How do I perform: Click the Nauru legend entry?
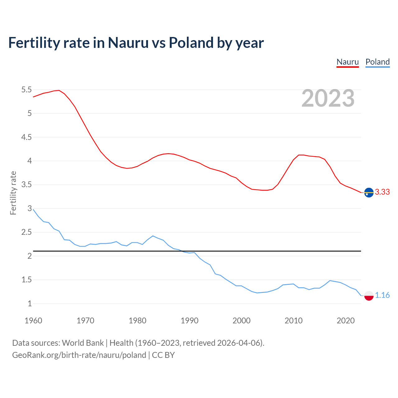(348, 62)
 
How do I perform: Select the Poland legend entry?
(377, 62)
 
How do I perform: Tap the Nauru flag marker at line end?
(369, 193)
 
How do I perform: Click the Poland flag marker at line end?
(369, 296)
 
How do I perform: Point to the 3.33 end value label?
(382, 192)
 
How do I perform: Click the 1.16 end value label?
(382, 295)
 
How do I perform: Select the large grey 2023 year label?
(328, 98)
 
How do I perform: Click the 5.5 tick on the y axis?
(26, 90)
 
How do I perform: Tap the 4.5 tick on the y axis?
(26, 137)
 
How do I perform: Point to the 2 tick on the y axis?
(30, 256)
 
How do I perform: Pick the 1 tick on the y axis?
(30, 304)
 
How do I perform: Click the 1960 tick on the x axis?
(33, 321)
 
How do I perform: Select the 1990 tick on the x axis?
(189, 321)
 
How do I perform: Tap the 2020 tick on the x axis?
(345, 321)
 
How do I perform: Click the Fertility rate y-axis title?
(13, 193)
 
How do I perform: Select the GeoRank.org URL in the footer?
(79, 355)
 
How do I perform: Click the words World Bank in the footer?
(83, 343)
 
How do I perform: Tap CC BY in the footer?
(163, 355)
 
